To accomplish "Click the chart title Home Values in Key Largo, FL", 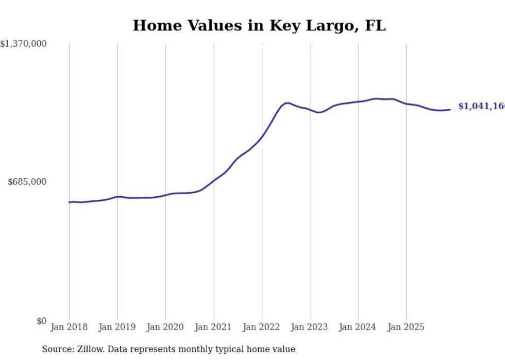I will pos(259,25).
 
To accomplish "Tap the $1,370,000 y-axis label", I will pos(24,44).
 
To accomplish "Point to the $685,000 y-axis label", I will pos(27,182).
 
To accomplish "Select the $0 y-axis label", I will pos(41,321).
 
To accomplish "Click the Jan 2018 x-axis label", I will pos(69,327).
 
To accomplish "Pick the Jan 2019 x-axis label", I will pos(117,327).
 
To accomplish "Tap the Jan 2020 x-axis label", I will pos(165,327).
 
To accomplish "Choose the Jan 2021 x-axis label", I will pos(214,327).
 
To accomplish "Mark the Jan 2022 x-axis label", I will pos(262,327).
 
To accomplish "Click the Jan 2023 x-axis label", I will pos(310,327).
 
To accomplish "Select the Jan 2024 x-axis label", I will pos(358,327).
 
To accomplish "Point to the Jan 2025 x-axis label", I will pos(407,327).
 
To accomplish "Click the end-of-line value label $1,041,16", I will pos(481,107).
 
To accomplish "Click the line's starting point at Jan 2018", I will pos(69,202).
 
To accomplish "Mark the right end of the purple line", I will pos(450,109).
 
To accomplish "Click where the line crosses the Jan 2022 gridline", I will pos(262,137).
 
